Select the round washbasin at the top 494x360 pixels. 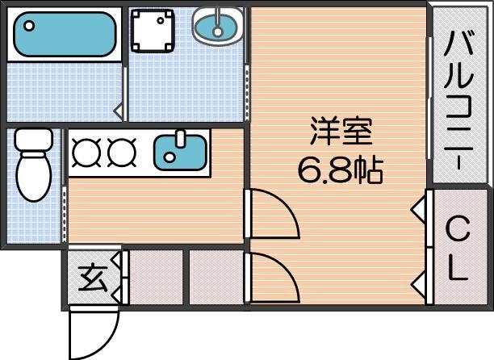(x=217, y=27)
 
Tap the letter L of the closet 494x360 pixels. (x=458, y=268)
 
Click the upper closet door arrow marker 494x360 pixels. (x=419, y=210)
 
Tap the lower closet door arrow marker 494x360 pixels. (x=419, y=284)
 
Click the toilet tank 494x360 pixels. (x=32, y=141)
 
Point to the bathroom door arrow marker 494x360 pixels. (x=119, y=108)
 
